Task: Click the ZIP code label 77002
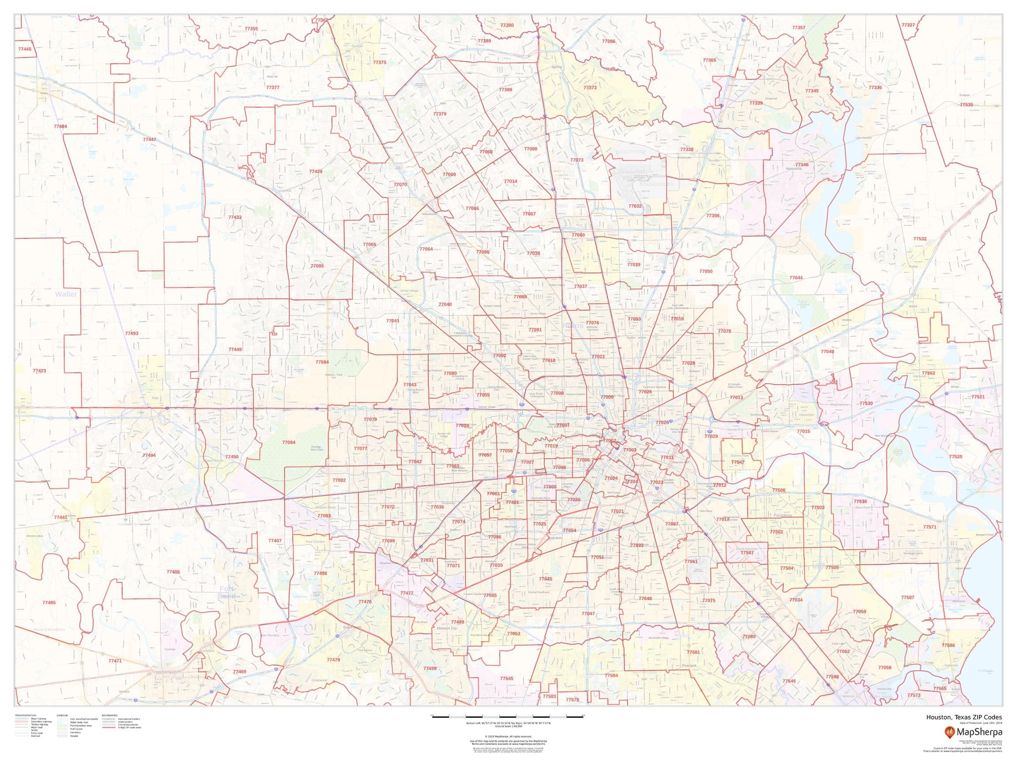point(609,441)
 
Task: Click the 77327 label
point(908,25)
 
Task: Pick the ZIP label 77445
point(25,49)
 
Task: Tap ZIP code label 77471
point(115,661)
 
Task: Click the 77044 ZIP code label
point(796,278)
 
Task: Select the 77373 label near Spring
point(590,87)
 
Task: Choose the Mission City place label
point(447,628)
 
